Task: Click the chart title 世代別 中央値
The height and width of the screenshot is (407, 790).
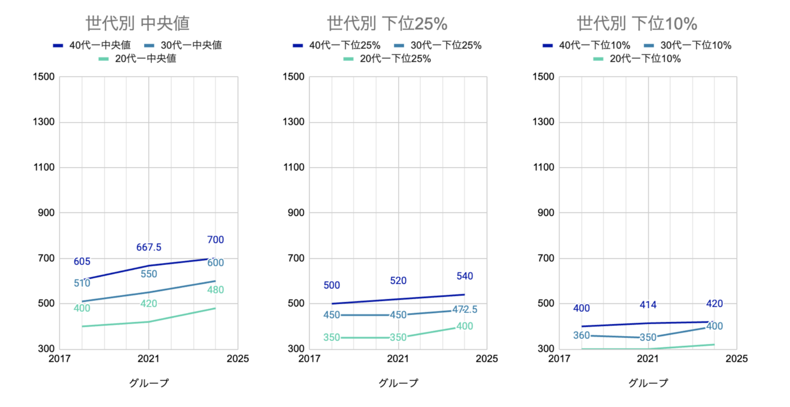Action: pos(137,23)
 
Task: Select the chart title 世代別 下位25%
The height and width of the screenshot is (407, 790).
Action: pos(387,23)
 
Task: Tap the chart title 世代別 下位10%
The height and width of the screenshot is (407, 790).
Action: pos(637,23)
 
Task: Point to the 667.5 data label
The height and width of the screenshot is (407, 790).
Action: pos(149,247)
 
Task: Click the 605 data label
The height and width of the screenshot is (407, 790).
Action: pos(82,261)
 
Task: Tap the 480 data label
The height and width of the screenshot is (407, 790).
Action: pos(216,290)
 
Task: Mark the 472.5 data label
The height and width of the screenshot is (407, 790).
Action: pos(464,310)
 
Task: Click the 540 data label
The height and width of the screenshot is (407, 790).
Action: pos(464,276)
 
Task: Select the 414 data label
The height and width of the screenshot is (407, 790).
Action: pos(648,305)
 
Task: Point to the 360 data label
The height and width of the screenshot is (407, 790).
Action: pos(581,335)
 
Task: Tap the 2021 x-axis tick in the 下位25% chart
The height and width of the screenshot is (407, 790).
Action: pos(398,359)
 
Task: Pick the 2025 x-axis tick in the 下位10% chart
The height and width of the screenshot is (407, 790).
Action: pos(737,359)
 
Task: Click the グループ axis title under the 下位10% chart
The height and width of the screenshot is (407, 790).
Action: pos(648,383)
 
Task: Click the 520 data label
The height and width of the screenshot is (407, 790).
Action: pos(398,281)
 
